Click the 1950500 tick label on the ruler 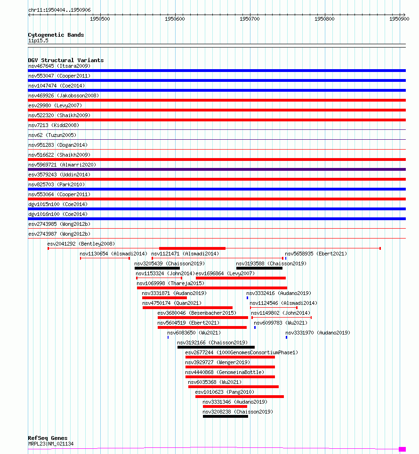pos(100,19)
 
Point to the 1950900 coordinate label pos(400,19)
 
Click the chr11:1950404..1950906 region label pos(59,9)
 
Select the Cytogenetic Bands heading pos(56,35)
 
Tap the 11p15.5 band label pos(38,41)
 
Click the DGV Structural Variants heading pos(65,60)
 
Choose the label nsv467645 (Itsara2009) pos(59,66)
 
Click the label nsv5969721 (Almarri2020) pos(62,165)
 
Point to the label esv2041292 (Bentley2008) pos(81,244)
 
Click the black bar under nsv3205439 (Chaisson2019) pos(157,268)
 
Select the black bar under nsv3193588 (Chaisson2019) pos(259,268)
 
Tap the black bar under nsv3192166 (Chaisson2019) pos(216,347)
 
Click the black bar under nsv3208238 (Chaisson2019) pos(225,416)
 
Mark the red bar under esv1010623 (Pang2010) pos(239,397)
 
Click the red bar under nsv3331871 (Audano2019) pos(164,298)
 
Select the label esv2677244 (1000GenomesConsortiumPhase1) pos(242,352)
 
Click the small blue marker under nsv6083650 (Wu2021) pos(168,337)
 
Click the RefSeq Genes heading pos(47,438)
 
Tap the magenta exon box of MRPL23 pos(402,449)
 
